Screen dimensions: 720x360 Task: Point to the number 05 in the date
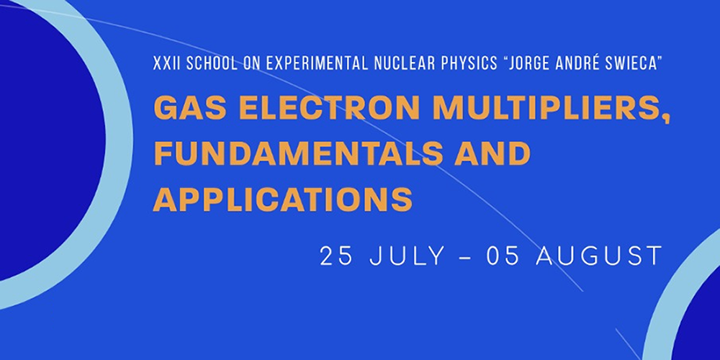pyautogui.click(x=503, y=256)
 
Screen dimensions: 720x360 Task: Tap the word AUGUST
pyautogui.click(x=599, y=256)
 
